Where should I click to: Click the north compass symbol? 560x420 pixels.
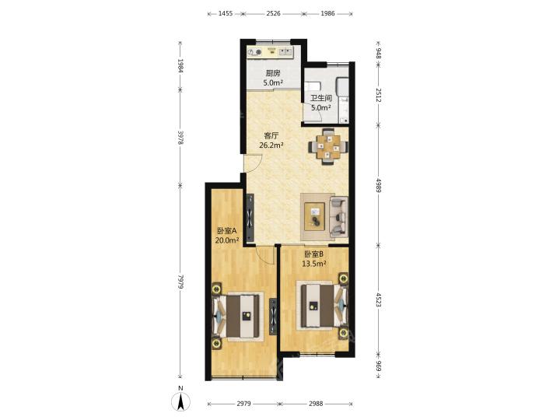click(x=180, y=401)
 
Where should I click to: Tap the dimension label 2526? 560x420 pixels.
click(x=273, y=13)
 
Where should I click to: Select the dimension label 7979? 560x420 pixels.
click(x=180, y=282)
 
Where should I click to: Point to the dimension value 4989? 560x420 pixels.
click(x=379, y=185)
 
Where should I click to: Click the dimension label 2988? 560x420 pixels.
click(x=316, y=404)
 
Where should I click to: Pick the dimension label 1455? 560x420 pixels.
click(x=226, y=13)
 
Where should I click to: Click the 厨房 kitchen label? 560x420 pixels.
click(x=273, y=74)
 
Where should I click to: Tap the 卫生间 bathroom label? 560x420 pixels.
click(x=321, y=98)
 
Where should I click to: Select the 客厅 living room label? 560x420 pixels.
click(x=271, y=135)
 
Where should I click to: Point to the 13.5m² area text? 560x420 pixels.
click(x=314, y=264)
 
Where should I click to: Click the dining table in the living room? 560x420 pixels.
click(x=328, y=146)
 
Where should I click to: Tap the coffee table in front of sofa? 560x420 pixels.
click(x=314, y=216)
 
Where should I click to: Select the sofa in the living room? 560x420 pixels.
click(x=338, y=216)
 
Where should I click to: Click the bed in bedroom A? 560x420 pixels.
click(x=238, y=317)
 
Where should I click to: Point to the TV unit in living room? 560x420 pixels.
click(x=250, y=217)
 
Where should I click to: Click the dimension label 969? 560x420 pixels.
click(x=379, y=366)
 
